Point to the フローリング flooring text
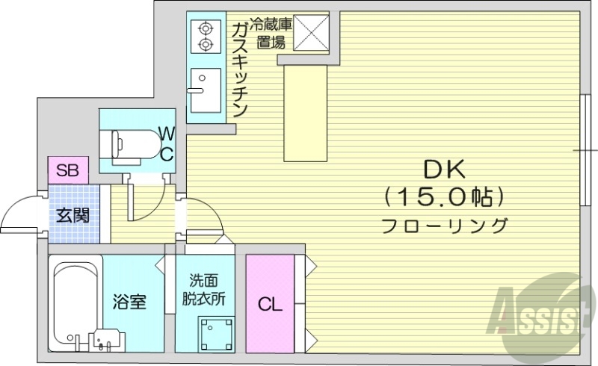(x=445, y=224)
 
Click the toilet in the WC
(x=135, y=141)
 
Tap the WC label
(x=167, y=144)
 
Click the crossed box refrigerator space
(x=312, y=32)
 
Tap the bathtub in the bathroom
(x=75, y=299)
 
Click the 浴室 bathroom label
(x=129, y=303)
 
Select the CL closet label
(x=270, y=304)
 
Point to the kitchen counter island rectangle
(x=305, y=111)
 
